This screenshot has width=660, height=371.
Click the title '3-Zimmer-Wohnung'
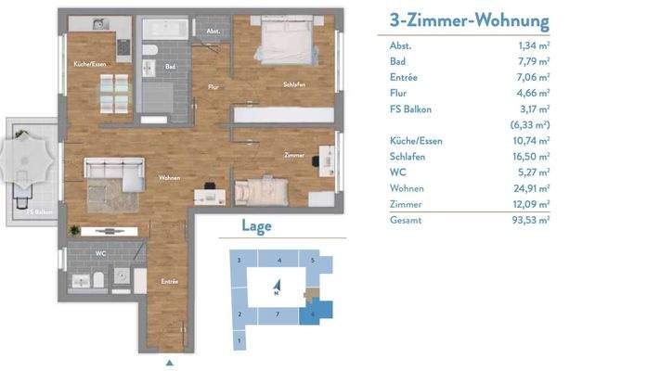463,21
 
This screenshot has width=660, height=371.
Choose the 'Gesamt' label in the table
400,220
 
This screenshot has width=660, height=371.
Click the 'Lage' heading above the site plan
256,225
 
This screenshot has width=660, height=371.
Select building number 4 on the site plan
279,261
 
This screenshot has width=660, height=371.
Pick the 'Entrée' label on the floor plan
170,281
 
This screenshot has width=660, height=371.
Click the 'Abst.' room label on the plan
213,32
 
